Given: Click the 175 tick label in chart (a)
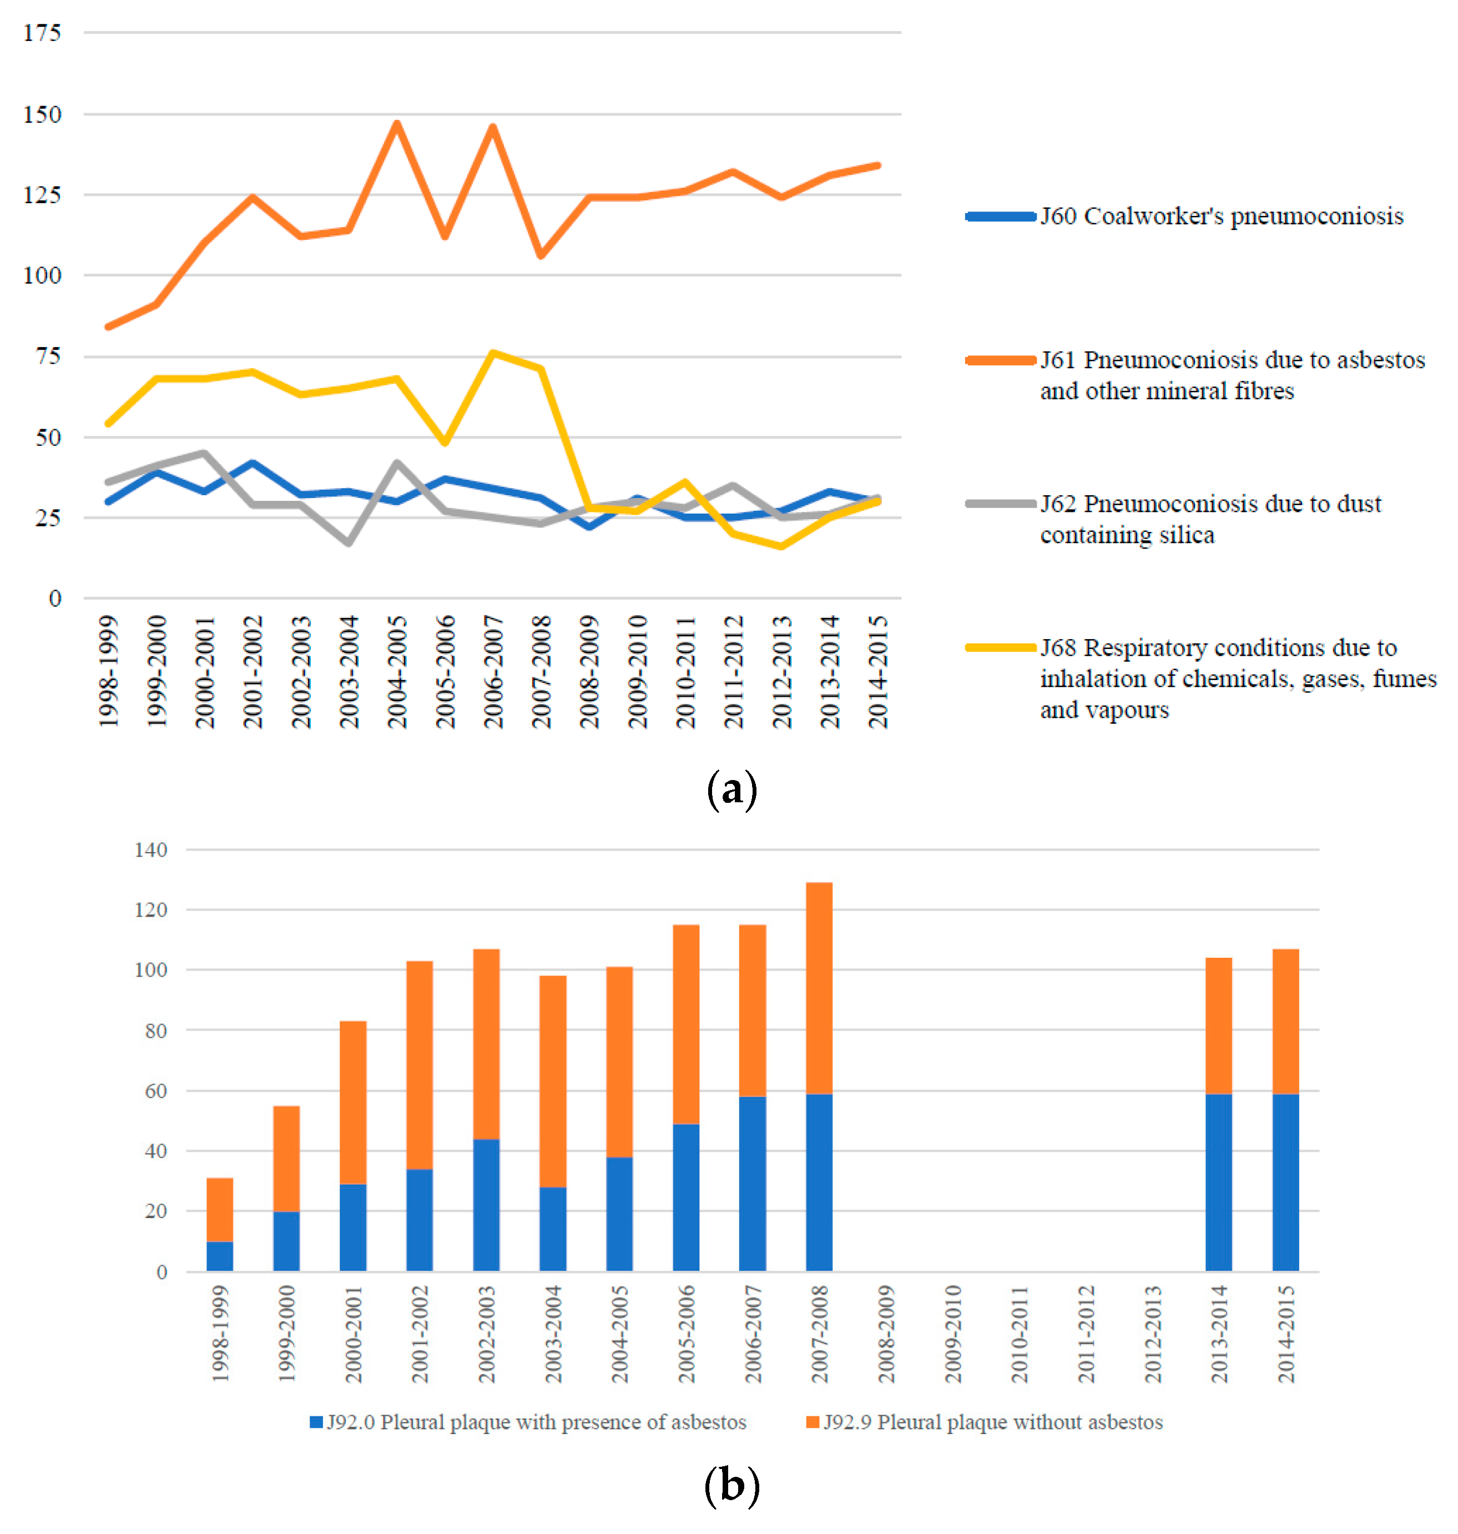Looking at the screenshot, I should (x=42, y=33).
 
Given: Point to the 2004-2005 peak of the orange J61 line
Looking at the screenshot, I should (x=396, y=123).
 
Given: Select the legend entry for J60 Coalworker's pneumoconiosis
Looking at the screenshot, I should (x=1221, y=216).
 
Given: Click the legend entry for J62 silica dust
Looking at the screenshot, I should (x=1211, y=519).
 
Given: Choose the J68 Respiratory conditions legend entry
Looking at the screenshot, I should (x=1237, y=678).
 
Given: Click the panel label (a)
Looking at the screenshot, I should (x=731, y=790).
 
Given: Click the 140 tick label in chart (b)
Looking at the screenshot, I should (x=151, y=850).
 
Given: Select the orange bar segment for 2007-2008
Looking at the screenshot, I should (x=819, y=988).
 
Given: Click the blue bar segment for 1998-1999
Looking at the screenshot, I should (x=220, y=1256).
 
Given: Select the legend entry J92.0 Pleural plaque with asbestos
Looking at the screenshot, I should (x=528, y=1422).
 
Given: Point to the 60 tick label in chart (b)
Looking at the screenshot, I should (x=155, y=1091).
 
